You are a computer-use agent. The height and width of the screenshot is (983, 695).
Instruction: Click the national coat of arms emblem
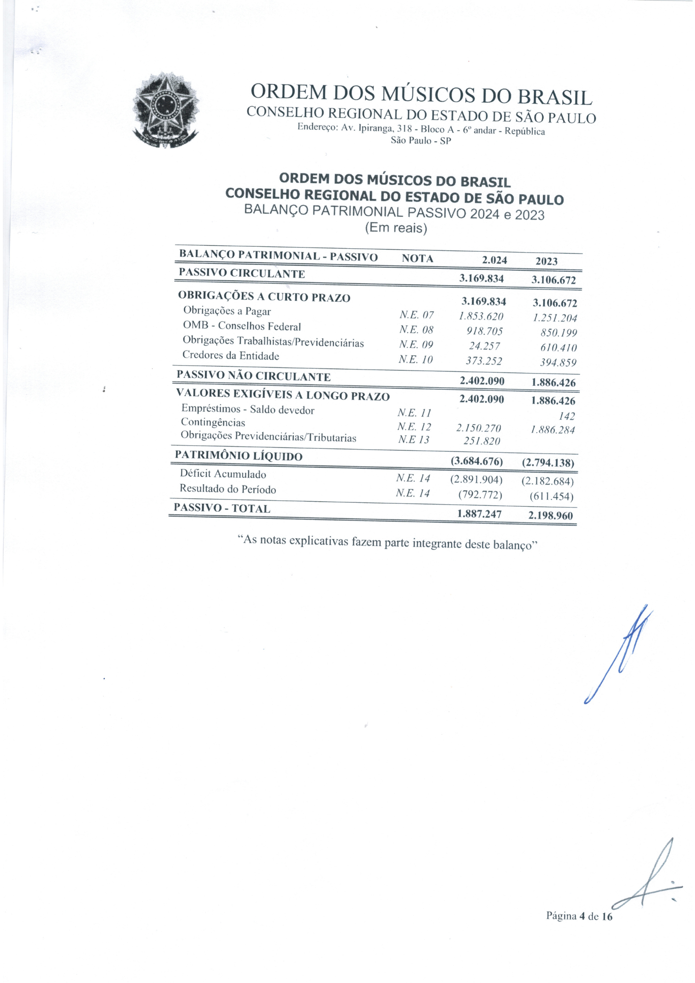[x=166, y=110]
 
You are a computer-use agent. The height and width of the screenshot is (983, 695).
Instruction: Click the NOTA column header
[x=417, y=259]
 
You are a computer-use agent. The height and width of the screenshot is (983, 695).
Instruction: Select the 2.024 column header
[x=494, y=260]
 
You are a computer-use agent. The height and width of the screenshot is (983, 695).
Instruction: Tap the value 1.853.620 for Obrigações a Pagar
[x=481, y=317]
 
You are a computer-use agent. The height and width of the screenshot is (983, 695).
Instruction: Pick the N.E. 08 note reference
[x=416, y=330]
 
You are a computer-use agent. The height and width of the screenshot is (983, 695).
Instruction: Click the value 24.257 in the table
[x=484, y=346]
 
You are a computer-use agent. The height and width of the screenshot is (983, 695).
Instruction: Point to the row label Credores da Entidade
[x=231, y=356]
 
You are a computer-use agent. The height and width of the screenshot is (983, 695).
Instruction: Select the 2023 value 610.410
[x=558, y=348]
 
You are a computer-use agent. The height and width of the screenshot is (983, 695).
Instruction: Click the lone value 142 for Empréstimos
[x=567, y=416]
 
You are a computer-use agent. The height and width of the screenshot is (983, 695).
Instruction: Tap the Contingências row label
[x=213, y=423]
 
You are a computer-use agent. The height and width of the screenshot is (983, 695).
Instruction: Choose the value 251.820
[x=482, y=441]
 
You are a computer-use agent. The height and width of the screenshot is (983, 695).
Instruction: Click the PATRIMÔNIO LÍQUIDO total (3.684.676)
[x=477, y=462]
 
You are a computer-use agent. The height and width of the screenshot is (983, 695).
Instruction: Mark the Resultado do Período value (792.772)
[x=480, y=494]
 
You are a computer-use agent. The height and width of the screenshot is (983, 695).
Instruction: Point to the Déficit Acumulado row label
[x=223, y=474]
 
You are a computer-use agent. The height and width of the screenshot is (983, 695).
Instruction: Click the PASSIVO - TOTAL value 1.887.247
[x=479, y=514]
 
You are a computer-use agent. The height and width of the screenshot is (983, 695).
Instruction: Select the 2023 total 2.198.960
[x=550, y=516]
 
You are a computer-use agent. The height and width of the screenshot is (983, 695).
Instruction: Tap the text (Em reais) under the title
[x=396, y=228]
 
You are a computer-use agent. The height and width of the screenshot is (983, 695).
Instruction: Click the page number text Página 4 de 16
[x=579, y=916]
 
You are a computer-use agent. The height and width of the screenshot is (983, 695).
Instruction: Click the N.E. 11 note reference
[x=414, y=413]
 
